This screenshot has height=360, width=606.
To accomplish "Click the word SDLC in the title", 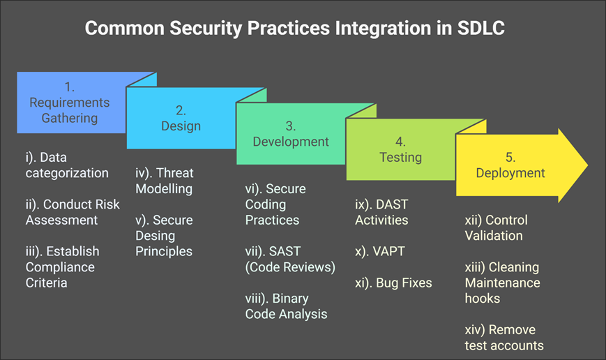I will pyautogui.click(x=478, y=29).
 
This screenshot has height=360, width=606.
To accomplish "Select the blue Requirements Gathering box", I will pyautogui.click(x=70, y=103).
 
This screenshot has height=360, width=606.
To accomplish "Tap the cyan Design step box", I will pyautogui.click(x=181, y=119).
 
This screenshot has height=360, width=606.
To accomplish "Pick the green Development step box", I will pyautogui.click(x=291, y=134).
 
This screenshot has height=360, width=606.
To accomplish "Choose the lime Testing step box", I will pyautogui.click(x=400, y=150).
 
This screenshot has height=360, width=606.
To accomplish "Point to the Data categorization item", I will pyautogui.click(x=67, y=165).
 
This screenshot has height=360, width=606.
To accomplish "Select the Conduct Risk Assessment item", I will pyautogui.click(x=73, y=212).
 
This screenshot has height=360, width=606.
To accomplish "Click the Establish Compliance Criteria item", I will pyautogui.click(x=62, y=267).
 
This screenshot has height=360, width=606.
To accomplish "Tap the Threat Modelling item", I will pyautogui.click(x=165, y=181).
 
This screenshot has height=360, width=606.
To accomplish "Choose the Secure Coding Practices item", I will pyautogui.click(x=275, y=204).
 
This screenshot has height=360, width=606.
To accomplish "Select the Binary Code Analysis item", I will pyautogui.click(x=286, y=306).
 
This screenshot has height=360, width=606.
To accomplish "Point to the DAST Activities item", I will pyautogui.click(x=381, y=212).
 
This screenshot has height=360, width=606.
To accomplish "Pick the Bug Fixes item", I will pyautogui.click(x=393, y=283).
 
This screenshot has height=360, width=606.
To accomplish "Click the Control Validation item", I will pyautogui.click(x=496, y=227).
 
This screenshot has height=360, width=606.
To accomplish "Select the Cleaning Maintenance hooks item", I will pyautogui.click(x=502, y=283).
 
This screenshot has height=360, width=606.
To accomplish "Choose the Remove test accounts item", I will pyautogui.click(x=503, y=337).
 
